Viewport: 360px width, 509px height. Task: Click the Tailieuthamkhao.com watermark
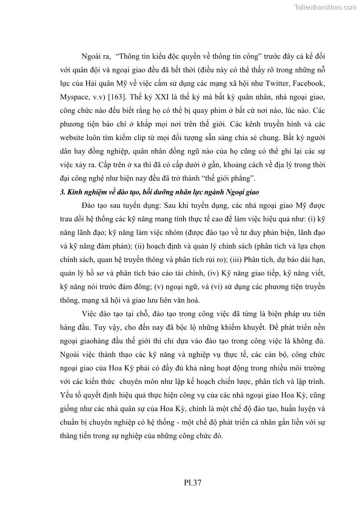click(x=325, y=7)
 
